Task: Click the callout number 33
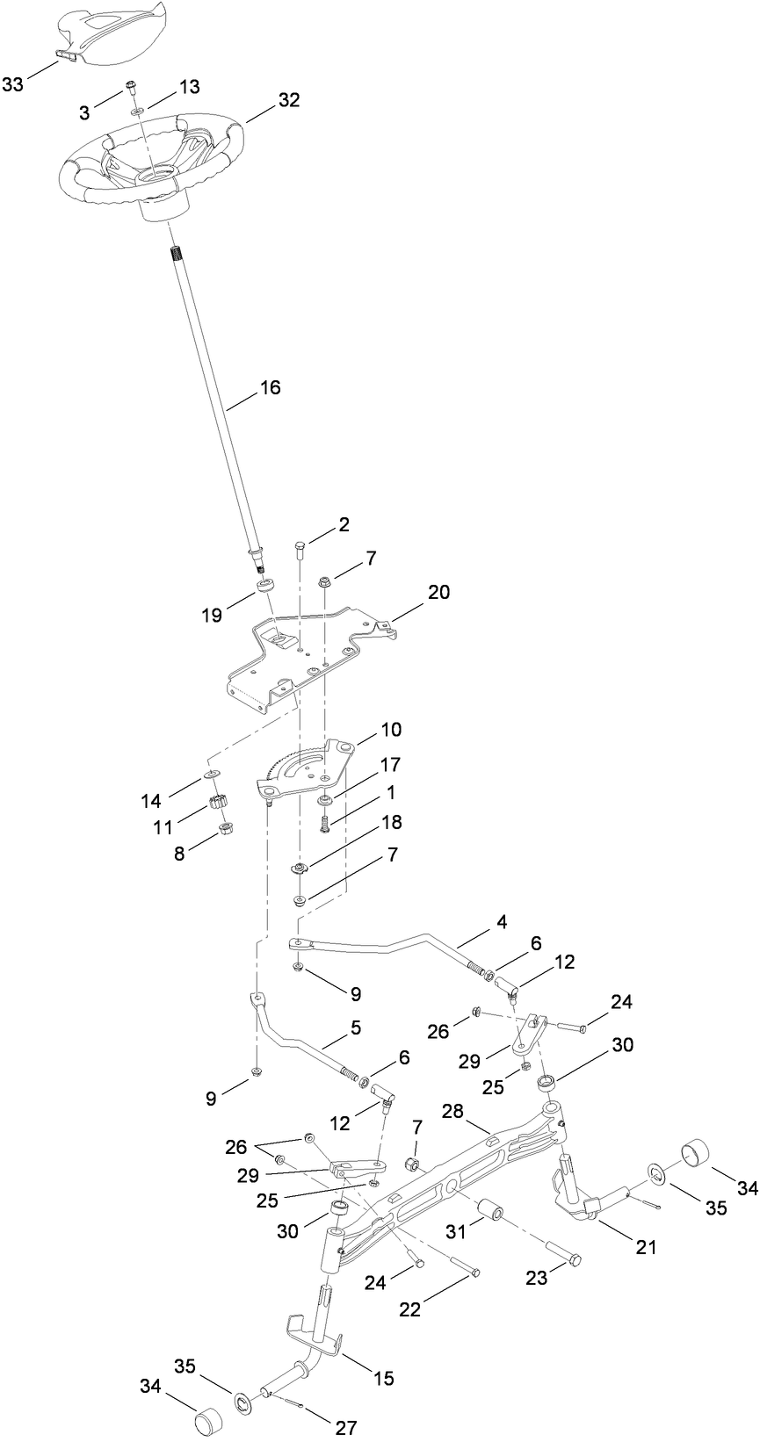pyautogui.click(x=13, y=84)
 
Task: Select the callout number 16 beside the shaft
pyautogui.click(x=271, y=387)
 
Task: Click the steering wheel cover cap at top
pyautogui.click(x=113, y=31)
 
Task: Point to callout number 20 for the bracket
pyautogui.click(x=438, y=592)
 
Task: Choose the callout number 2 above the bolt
pyautogui.click(x=344, y=524)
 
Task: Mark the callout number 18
pyautogui.click(x=391, y=822)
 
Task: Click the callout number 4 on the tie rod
pyautogui.click(x=501, y=923)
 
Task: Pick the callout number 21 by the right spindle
pyautogui.click(x=646, y=1247)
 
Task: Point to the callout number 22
pyautogui.click(x=409, y=1309)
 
